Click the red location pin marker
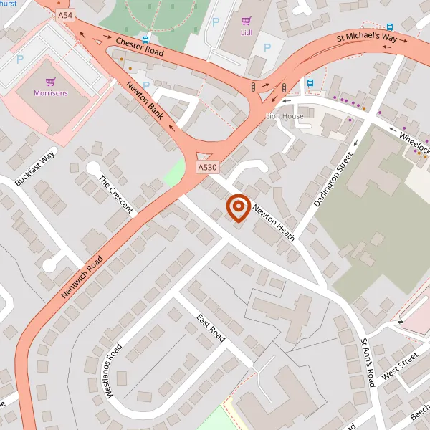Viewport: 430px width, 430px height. (x=237, y=208)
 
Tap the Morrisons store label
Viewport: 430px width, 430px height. (x=51, y=93)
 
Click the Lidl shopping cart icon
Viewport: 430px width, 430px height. (x=246, y=21)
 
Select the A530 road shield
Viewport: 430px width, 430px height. (x=208, y=167)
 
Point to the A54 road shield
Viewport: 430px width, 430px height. (x=65, y=14)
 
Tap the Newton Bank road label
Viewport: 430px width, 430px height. (x=145, y=100)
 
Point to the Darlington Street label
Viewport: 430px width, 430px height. (x=334, y=181)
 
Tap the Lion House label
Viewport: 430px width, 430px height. (x=285, y=116)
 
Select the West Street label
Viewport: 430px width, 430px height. (x=399, y=365)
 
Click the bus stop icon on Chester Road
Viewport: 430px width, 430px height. (x=145, y=40)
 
